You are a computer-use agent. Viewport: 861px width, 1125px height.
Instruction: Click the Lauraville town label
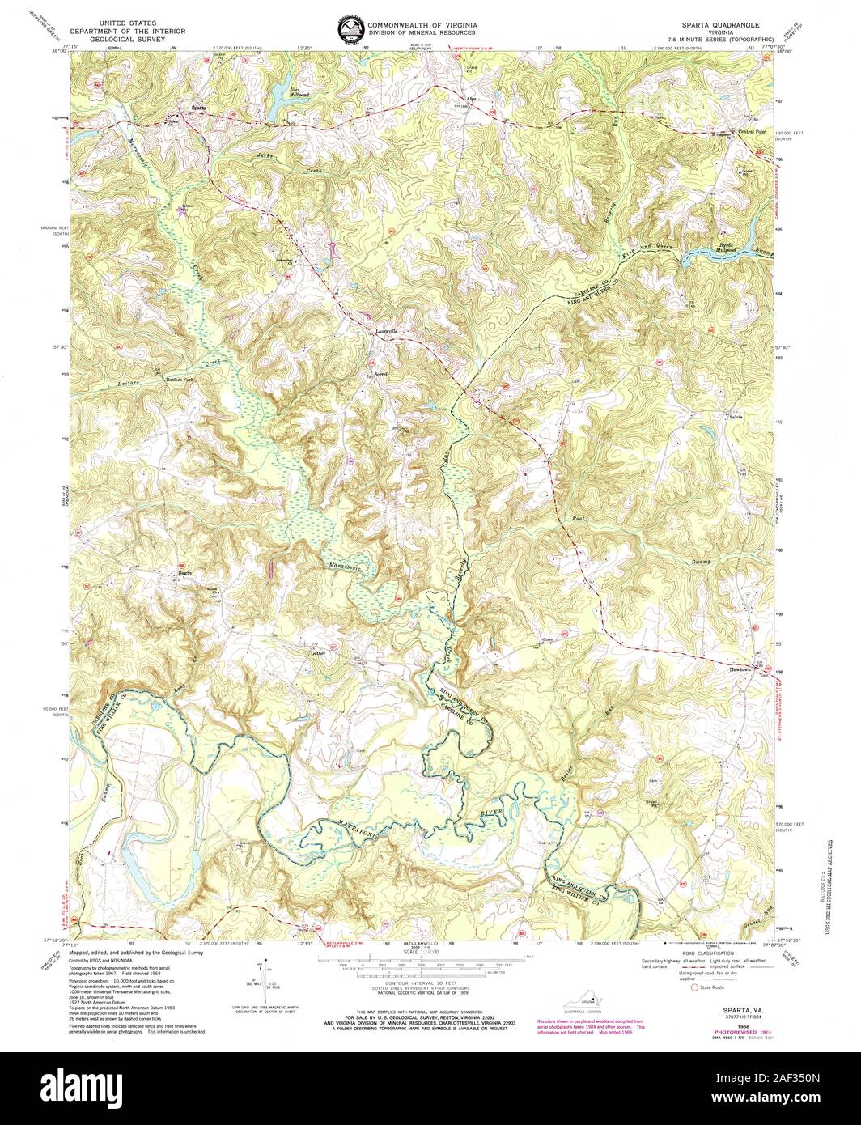coord(387,331)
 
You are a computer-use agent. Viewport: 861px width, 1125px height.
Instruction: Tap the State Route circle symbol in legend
coord(693,987)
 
